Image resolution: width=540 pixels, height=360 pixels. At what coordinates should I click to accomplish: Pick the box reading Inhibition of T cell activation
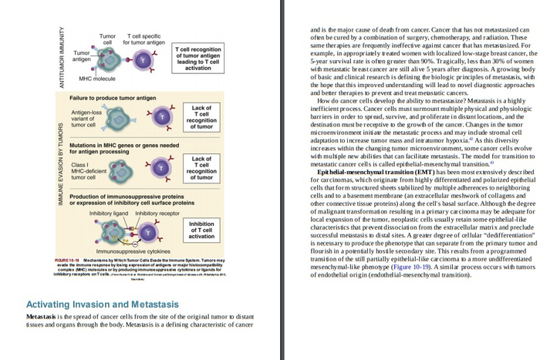coord(201,230)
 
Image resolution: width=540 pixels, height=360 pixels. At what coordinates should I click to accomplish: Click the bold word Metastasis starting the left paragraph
coord(44,317)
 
